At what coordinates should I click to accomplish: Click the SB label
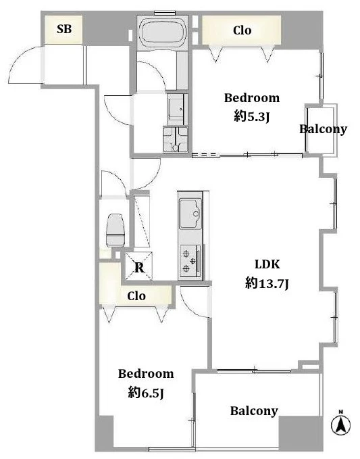tap(64, 29)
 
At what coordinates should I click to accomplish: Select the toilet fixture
tap(115, 231)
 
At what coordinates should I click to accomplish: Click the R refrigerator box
tap(139, 266)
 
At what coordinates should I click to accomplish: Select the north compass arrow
tap(340, 424)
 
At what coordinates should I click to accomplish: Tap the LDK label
tap(267, 264)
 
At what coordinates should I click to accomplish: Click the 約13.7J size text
tap(267, 283)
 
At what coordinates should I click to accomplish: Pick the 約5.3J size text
tap(251, 117)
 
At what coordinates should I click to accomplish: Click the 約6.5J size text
tap(146, 393)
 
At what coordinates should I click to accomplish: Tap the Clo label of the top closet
tap(242, 30)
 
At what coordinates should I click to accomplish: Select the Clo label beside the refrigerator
tap(136, 296)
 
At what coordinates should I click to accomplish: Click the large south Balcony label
tap(254, 411)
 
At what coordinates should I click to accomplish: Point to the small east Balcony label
tap(323, 129)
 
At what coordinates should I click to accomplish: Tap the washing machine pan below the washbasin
tap(176, 139)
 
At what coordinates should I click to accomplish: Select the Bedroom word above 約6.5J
tap(146, 374)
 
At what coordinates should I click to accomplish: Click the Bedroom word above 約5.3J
tap(252, 98)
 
